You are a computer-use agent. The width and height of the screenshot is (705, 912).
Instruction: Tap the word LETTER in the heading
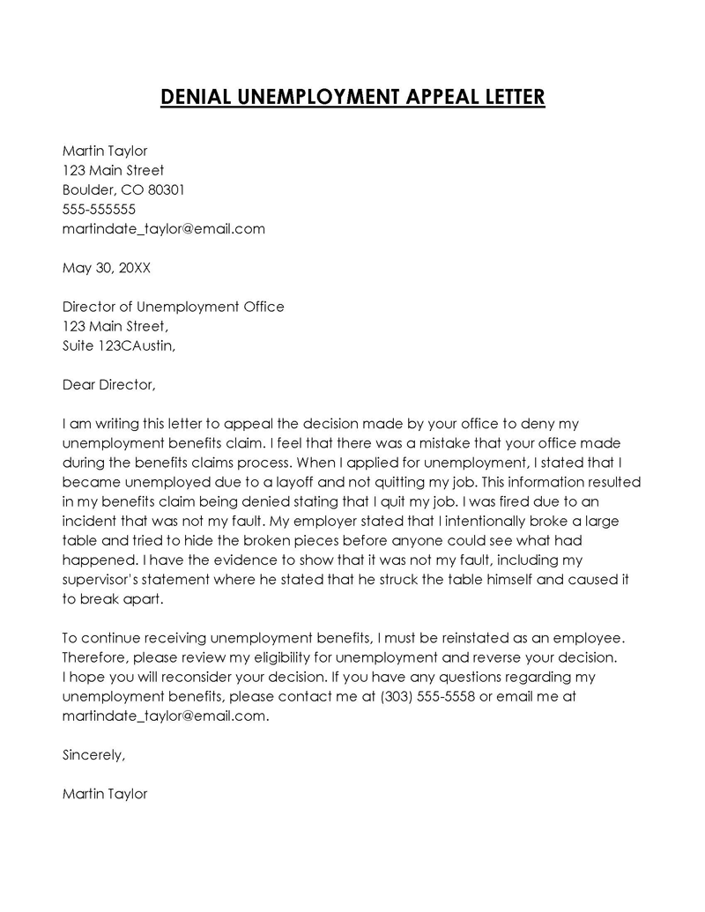508,96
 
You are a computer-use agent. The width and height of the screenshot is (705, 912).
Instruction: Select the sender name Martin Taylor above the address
105,151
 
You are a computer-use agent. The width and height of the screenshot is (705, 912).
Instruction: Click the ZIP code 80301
166,189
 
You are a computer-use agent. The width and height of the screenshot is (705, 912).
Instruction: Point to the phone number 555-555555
99,209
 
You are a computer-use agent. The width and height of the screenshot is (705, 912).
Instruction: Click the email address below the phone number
164,228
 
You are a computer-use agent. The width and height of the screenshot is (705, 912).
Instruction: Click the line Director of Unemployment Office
174,307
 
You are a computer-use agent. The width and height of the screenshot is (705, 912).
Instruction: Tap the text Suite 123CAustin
119,345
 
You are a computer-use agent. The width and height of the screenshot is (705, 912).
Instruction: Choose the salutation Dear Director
108,384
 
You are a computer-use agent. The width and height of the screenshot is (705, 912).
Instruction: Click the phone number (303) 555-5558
428,696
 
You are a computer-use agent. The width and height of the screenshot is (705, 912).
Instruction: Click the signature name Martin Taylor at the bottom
105,793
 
